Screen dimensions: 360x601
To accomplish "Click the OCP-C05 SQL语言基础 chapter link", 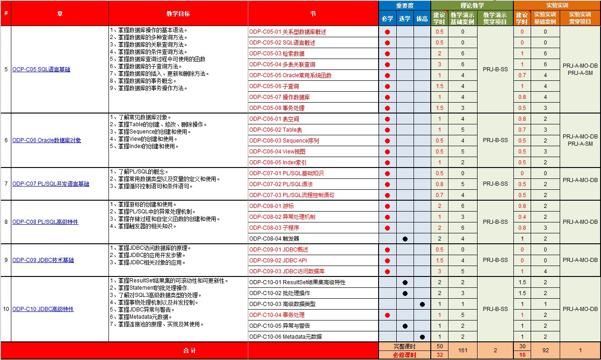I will tap(41, 70).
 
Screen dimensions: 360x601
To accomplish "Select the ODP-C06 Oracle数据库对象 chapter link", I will tap(47, 140).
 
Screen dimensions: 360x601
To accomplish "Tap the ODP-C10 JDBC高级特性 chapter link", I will tap(43, 309).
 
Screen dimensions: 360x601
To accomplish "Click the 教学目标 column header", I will tap(178, 14).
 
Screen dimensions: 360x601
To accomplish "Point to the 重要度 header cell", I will tap(404, 6).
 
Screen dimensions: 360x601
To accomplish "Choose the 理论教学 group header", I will tap(472, 6).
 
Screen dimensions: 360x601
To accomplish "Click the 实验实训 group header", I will tap(557, 6).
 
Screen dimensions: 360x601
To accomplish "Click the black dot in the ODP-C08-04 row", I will tap(405, 238).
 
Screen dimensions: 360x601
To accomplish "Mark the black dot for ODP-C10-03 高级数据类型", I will tap(422, 304).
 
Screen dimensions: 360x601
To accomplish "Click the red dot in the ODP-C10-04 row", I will tap(387, 315).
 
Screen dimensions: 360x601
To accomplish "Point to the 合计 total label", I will tap(189, 350).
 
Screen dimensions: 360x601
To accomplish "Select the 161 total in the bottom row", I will tap(463, 350).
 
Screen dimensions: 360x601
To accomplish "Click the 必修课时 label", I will tap(404, 355).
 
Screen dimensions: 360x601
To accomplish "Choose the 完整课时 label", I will tap(404, 346).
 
